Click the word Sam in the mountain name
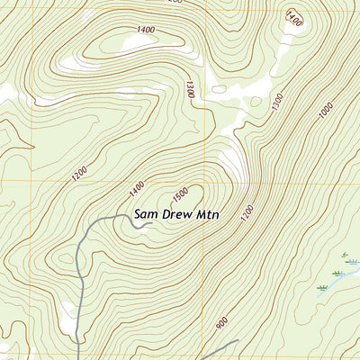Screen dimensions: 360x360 click(x=147, y=215)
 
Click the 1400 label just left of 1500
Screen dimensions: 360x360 click(x=137, y=189)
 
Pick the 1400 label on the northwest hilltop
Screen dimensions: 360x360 click(x=146, y=31)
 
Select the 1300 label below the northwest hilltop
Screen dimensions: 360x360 click(x=190, y=89)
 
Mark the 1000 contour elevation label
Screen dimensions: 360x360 click(x=325, y=112)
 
